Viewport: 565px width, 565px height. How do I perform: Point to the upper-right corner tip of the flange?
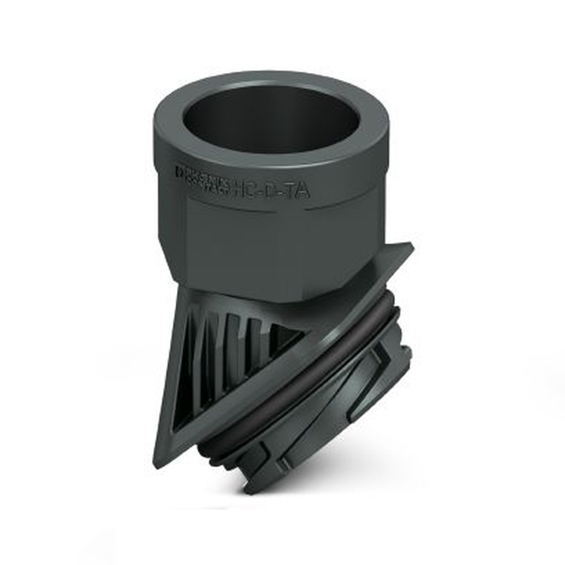(411, 245)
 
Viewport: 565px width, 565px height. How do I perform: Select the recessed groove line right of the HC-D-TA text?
(345, 206)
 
